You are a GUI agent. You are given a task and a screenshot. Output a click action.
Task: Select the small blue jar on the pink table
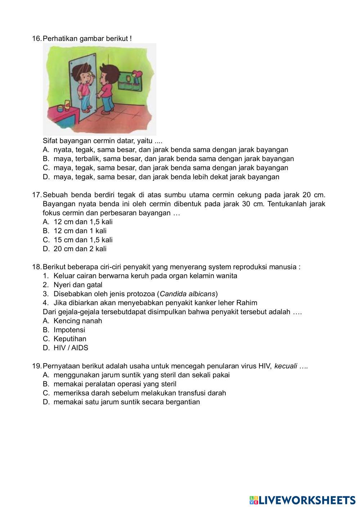67,108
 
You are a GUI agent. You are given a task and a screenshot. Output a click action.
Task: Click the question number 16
37,38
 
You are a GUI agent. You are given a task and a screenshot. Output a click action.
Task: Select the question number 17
37,195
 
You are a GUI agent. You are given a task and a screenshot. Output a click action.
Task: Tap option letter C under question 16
46,168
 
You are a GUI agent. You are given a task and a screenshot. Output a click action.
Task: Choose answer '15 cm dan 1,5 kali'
83,240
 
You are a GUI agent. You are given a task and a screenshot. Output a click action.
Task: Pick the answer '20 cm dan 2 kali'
80,249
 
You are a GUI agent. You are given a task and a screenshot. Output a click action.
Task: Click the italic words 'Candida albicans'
188,294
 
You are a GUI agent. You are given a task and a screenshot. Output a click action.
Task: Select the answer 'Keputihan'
70,339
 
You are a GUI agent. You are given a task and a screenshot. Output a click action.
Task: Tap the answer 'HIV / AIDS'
71,348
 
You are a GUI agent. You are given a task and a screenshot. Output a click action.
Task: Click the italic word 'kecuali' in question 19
285,366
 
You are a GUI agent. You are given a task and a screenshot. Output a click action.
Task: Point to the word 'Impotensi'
69,330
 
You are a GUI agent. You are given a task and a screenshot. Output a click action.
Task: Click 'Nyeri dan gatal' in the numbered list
78,285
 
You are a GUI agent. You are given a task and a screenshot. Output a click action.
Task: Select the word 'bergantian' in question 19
183,402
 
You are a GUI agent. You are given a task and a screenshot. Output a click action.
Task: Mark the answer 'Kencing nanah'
78,321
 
